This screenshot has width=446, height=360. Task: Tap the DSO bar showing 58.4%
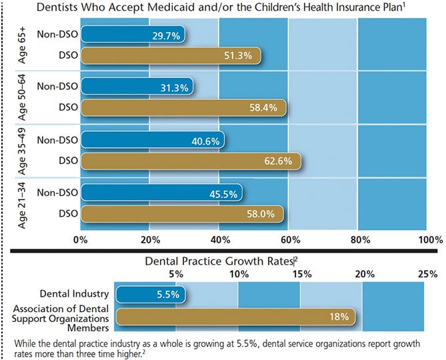183,107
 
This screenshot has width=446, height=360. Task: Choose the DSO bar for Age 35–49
191,161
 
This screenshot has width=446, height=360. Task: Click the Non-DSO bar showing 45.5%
161,193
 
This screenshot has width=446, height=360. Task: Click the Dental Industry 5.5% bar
151,293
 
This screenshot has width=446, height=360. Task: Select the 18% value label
339,317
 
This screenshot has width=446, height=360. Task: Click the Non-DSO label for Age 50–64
57,86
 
